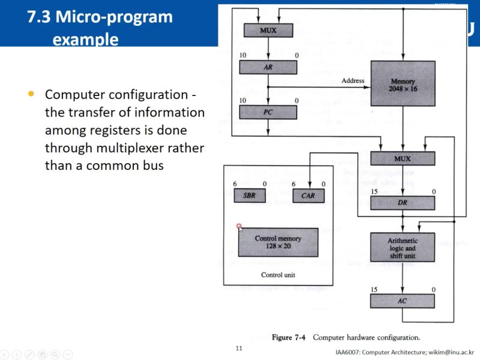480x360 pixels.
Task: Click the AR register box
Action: click(268, 68)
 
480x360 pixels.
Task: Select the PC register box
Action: click(268, 112)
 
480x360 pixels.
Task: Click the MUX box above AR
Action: click(268, 30)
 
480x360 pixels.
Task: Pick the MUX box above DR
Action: click(402, 159)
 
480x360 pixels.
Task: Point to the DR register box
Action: click(403, 203)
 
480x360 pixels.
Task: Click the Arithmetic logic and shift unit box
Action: click(402, 248)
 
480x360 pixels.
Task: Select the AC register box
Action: click(402, 300)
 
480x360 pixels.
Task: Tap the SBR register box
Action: click(249, 196)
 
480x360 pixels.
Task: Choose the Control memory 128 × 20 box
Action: click(278, 242)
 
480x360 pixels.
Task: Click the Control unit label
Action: click(278, 275)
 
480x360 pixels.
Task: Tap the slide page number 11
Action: click(239, 348)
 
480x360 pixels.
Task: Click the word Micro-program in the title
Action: click(115, 17)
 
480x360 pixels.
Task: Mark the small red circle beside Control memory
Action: click(239, 227)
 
